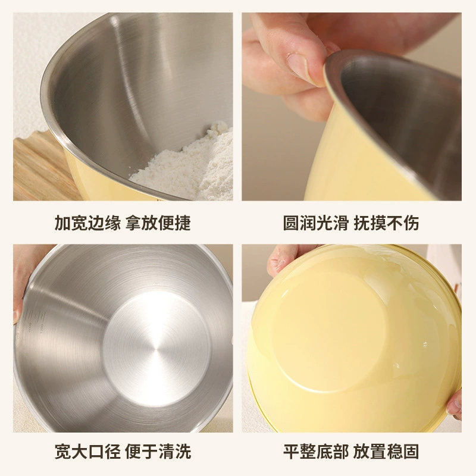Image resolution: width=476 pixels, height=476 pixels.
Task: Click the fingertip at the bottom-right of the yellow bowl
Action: [455, 406]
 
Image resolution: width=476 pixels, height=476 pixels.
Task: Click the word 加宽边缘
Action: [87, 223]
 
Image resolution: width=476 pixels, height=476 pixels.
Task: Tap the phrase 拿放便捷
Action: [158, 223]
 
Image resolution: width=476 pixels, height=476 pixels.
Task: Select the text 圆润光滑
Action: [316, 223]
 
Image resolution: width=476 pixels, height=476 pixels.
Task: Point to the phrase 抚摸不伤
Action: [386, 223]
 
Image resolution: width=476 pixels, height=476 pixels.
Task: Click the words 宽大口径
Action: [87, 452]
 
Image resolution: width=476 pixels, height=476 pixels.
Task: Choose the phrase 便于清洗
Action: [158, 452]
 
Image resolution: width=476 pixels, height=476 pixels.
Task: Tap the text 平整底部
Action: [316, 452]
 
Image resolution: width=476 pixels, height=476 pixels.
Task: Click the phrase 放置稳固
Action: [386, 452]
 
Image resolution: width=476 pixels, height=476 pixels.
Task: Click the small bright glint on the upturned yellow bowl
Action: [425, 345]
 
